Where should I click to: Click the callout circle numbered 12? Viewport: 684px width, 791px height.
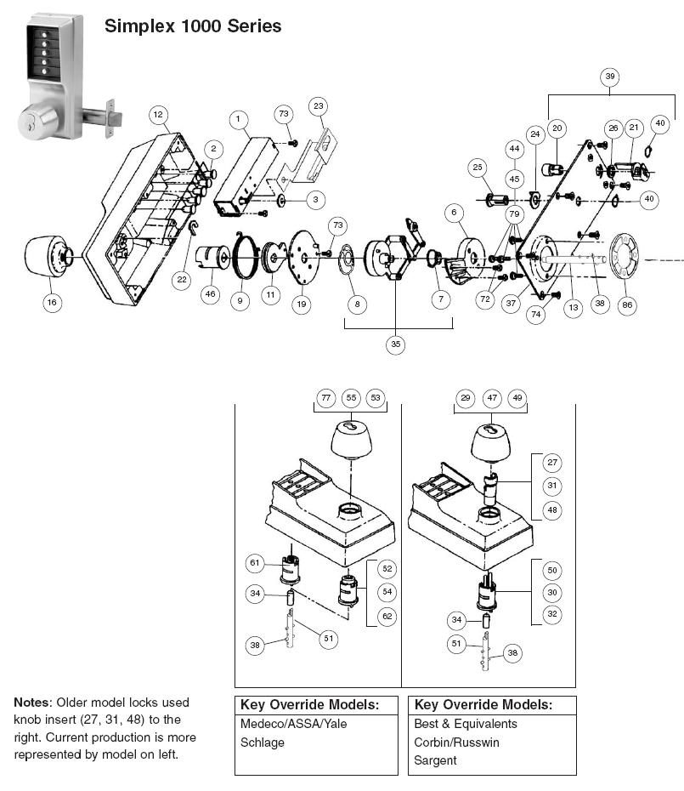click(x=157, y=115)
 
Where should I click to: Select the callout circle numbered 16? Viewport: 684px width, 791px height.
click(x=53, y=301)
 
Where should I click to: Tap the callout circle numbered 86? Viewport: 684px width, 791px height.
click(x=626, y=304)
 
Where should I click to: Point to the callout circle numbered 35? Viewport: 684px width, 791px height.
click(x=396, y=344)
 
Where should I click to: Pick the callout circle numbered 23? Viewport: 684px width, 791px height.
click(x=318, y=106)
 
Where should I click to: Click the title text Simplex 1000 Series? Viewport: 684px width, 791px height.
click(x=193, y=26)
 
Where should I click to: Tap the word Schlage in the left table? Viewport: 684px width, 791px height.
click(x=263, y=743)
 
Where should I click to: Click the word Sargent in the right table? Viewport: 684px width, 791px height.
click(x=435, y=760)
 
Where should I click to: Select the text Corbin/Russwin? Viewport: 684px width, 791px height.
click(x=456, y=743)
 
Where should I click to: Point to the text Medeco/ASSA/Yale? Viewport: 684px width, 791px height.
click(x=293, y=724)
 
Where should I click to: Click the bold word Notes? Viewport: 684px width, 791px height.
click(x=32, y=703)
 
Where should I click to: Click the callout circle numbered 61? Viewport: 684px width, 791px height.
click(x=255, y=563)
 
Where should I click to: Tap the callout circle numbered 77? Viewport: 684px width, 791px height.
click(x=326, y=398)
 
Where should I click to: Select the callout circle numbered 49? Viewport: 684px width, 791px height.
click(x=516, y=398)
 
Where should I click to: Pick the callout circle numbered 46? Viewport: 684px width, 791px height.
click(x=210, y=293)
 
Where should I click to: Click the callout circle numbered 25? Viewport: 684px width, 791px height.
click(x=477, y=168)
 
